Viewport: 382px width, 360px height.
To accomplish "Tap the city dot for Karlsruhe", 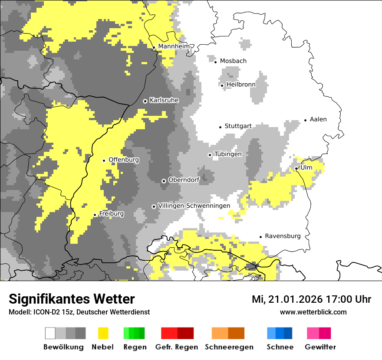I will click(145, 101).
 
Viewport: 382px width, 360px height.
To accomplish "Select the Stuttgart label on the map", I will click(238, 126).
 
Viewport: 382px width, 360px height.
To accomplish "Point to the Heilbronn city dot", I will click(222, 85).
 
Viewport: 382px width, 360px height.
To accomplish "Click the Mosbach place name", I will click(233, 61).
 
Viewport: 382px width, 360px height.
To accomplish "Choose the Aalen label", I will click(318, 119).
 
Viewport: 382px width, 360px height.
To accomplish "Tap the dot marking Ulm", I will click(296, 168).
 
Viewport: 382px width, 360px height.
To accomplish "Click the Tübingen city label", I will click(228, 154).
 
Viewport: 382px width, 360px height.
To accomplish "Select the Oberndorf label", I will click(184, 180).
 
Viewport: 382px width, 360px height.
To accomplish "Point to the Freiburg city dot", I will click(95, 215).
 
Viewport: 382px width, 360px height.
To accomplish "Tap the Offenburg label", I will click(124, 160).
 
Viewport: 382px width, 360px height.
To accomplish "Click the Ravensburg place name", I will click(283, 236).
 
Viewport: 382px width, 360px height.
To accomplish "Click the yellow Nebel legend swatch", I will click(103, 333).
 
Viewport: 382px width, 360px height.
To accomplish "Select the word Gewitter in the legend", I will click(320, 347).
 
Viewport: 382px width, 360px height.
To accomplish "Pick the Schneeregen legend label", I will click(229, 347).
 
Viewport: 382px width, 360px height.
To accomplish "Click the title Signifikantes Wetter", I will click(72, 299).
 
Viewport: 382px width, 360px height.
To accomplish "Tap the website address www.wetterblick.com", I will click(313, 312).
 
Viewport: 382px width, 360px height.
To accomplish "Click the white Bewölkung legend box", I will click(50, 333).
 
